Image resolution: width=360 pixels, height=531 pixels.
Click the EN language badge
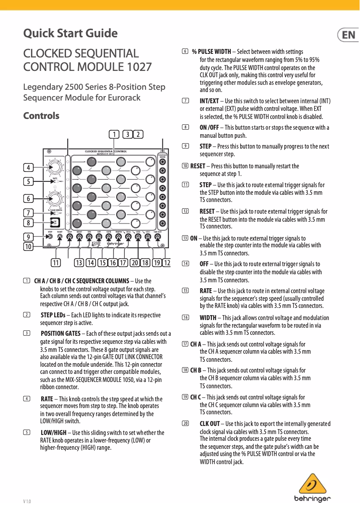[348, 35]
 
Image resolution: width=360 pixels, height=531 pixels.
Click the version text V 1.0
[27, 501]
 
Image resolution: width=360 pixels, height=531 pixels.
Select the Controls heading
[41, 116]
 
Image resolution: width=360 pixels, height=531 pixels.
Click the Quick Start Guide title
[70, 33]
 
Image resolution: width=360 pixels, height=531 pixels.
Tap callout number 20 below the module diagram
[134, 263]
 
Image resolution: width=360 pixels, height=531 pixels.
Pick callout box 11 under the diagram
[56, 263]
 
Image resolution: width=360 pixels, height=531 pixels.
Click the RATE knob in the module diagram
[55, 167]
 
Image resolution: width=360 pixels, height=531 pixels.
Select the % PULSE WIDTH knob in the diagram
[55, 197]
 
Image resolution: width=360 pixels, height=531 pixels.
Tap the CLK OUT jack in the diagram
[158, 238]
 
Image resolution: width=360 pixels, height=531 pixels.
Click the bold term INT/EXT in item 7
[209, 101]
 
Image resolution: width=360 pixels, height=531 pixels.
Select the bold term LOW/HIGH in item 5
[53, 433]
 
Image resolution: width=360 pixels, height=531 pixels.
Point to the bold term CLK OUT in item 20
[210, 424]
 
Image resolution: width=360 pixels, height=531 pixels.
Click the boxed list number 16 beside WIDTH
[185, 318]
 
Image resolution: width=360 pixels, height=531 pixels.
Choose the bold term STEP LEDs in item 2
[53, 315]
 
